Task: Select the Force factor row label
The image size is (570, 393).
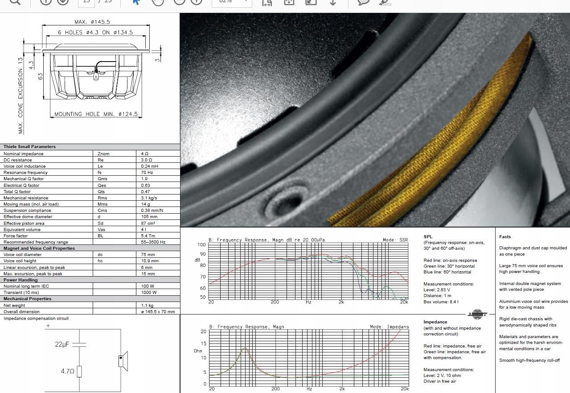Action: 16,236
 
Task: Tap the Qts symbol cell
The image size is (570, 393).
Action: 101,191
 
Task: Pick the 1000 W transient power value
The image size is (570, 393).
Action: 149,293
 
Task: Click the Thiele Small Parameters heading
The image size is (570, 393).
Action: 29,147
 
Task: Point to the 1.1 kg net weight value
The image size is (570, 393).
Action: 147,306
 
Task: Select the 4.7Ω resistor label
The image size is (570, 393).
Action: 67,371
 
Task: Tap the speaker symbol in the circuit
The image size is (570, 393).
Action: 123,361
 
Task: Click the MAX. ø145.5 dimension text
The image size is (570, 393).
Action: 92,22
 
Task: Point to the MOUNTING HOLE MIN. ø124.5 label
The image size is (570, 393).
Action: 96,114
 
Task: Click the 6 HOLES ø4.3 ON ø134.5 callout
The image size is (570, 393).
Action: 95,33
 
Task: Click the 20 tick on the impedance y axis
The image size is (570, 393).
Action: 203,331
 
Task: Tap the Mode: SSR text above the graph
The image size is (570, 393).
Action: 395,240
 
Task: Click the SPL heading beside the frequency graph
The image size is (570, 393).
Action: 428,237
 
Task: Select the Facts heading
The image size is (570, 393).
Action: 505,237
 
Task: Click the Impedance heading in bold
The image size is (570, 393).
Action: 435,322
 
